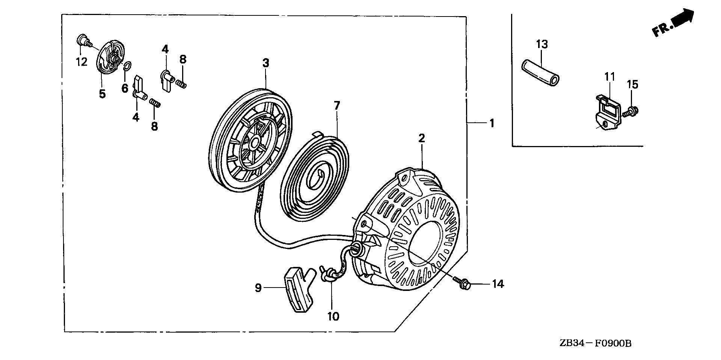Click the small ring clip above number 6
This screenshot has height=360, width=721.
click(127, 66)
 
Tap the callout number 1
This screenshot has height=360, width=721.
click(492, 123)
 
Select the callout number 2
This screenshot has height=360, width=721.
click(422, 139)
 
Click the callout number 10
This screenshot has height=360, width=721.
click(333, 316)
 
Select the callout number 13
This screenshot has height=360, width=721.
click(542, 45)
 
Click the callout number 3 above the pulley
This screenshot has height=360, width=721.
click(265, 63)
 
